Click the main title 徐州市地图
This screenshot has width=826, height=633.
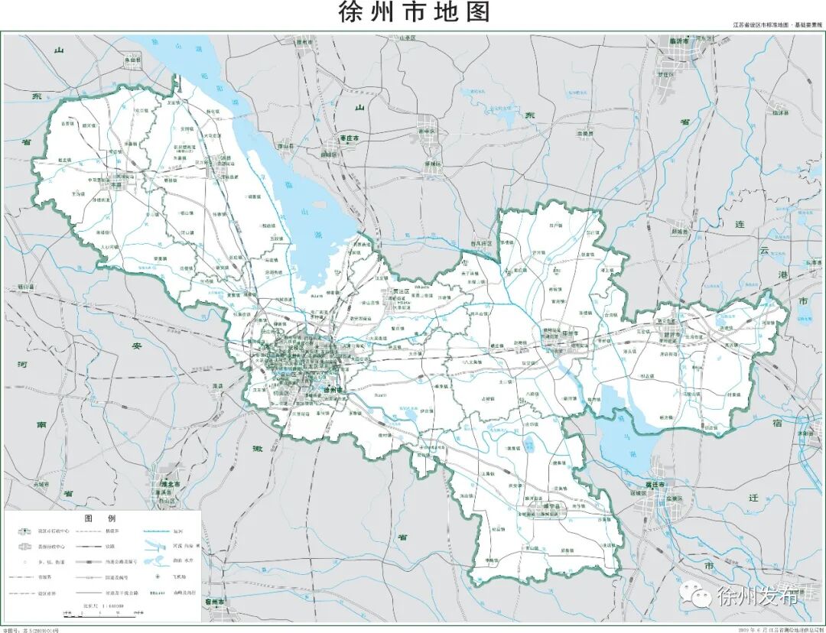[413, 13]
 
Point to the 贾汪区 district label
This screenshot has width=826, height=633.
[403, 291]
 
